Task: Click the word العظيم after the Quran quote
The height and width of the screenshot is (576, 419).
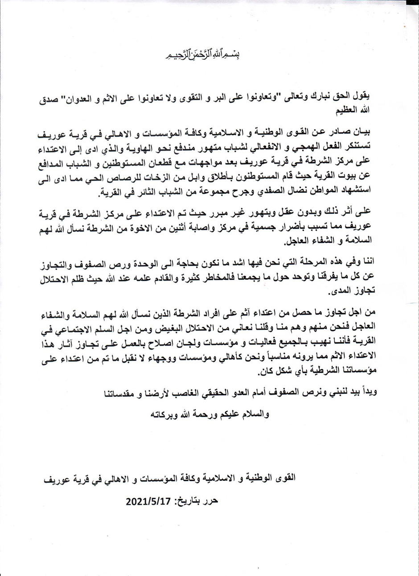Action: click(x=348, y=108)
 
